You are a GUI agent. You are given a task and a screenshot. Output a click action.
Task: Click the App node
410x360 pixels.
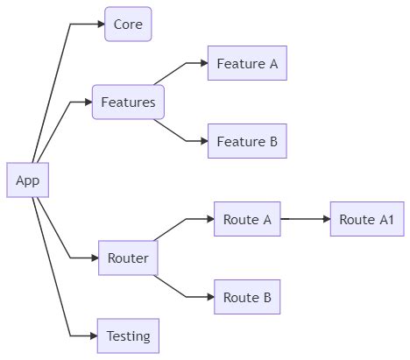pyautogui.click(x=28, y=180)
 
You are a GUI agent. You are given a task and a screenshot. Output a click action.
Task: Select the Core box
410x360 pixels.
pyautogui.click(x=128, y=25)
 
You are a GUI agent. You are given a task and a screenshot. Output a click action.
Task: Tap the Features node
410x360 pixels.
pyautogui.click(x=128, y=102)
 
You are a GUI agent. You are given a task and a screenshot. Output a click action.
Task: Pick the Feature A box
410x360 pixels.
pyautogui.click(x=247, y=64)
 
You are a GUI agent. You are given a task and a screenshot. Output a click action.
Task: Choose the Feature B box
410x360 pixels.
pyautogui.click(x=247, y=141)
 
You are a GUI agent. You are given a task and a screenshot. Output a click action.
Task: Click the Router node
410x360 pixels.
pyautogui.click(x=128, y=258)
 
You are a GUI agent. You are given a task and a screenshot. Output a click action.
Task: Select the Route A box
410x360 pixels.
pyautogui.click(x=247, y=219)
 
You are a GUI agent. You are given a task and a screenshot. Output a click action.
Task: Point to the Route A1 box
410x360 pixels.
pyautogui.click(x=366, y=219)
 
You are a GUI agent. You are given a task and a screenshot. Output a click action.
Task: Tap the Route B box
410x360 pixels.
pyautogui.click(x=247, y=297)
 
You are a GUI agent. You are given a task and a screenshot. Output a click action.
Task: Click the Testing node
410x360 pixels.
pyautogui.click(x=128, y=335)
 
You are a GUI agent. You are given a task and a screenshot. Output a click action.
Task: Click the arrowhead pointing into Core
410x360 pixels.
pyautogui.click(x=100, y=25)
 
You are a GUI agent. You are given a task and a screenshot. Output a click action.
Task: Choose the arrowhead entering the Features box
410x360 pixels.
pyautogui.click(x=88, y=102)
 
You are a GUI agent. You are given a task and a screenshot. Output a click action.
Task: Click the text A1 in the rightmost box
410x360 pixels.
pyautogui.click(x=386, y=219)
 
